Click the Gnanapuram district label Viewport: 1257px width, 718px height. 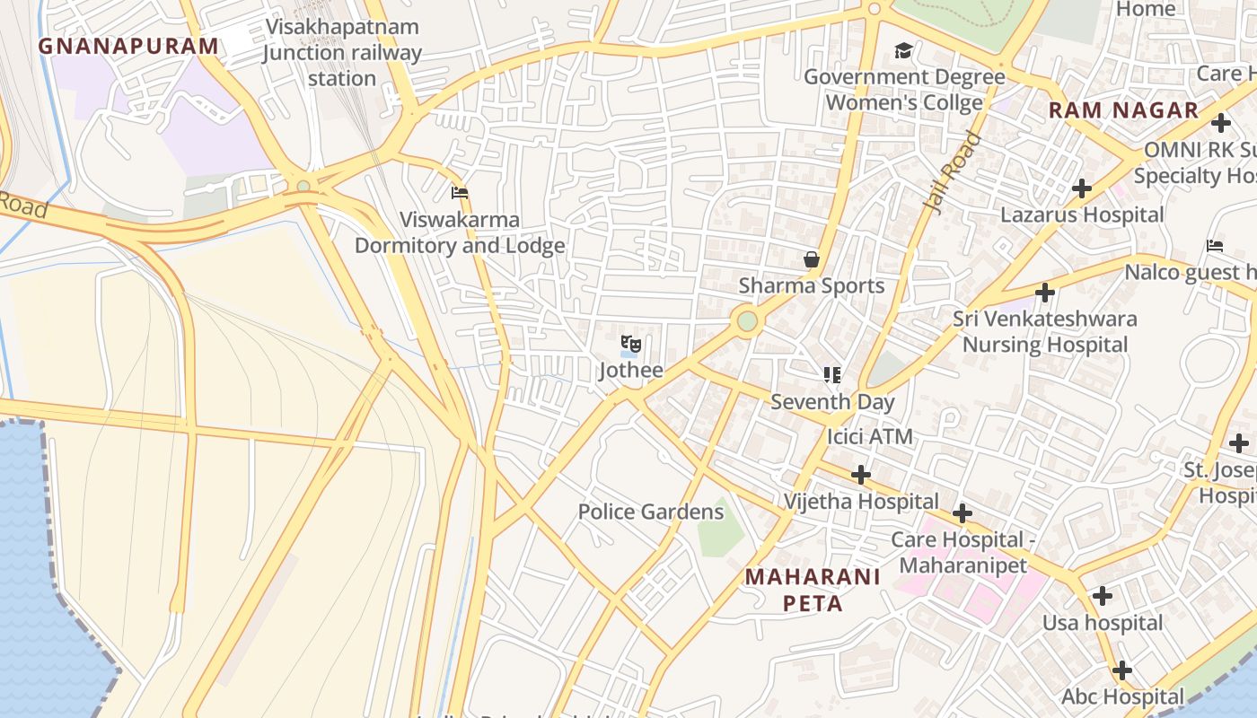pyautogui.click(x=128, y=46)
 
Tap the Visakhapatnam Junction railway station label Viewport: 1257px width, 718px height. pyautogui.click(x=341, y=52)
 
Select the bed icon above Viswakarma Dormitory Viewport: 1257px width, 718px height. pyautogui.click(x=460, y=193)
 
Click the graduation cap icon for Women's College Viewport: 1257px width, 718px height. pyautogui.click(x=903, y=51)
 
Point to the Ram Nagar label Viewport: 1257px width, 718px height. pyautogui.click(x=1123, y=110)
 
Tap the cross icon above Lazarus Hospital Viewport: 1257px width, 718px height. pyautogui.click(x=1082, y=188)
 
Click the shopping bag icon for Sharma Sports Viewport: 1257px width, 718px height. pyautogui.click(x=812, y=260)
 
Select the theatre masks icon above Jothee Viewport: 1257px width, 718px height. pyautogui.click(x=631, y=344)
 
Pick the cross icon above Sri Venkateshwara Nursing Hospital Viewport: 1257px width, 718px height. pyautogui.click(x=1044, y=293)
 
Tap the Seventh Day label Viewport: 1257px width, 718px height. pyautogui.click(x=832, y=401)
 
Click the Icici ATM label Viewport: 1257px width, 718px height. pyautogui.click(x=869, y=437)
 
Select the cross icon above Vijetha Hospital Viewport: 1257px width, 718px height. pyautogui.click(x=861, y=474)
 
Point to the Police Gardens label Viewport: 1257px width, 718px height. pyautogui.click(x=650, y=512)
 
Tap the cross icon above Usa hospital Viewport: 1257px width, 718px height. pyautogui.click(x=1102, y=596)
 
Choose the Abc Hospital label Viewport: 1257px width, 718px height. pyautogui.click(x=1122, y=696)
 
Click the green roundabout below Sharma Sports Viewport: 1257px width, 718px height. pyautogui.click(x=747, y=320)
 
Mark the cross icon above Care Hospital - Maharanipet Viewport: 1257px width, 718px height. pyautogui.click(x=963, y=513)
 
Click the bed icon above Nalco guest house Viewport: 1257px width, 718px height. pyautogui.click(x=1215, y=246)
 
